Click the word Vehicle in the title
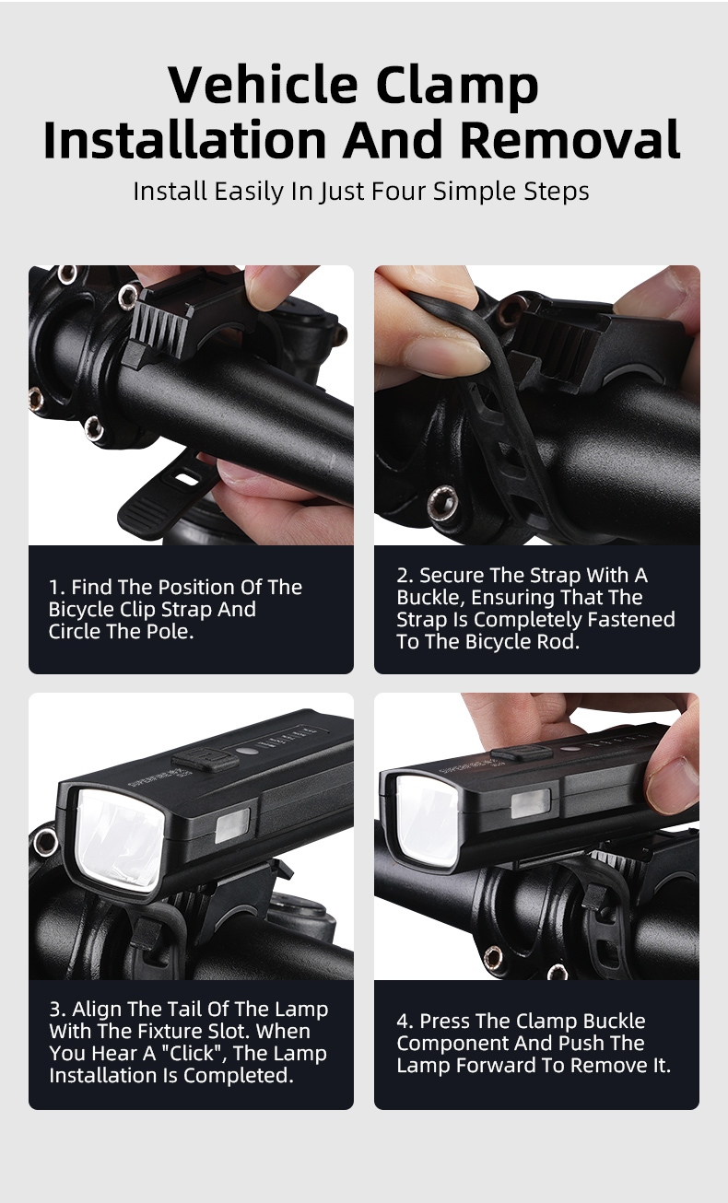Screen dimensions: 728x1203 263,85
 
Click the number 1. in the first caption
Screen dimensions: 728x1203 57,588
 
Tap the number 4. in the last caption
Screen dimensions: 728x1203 405,1021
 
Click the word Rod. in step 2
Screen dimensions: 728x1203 562,641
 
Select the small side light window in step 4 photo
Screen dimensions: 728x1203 530,804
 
